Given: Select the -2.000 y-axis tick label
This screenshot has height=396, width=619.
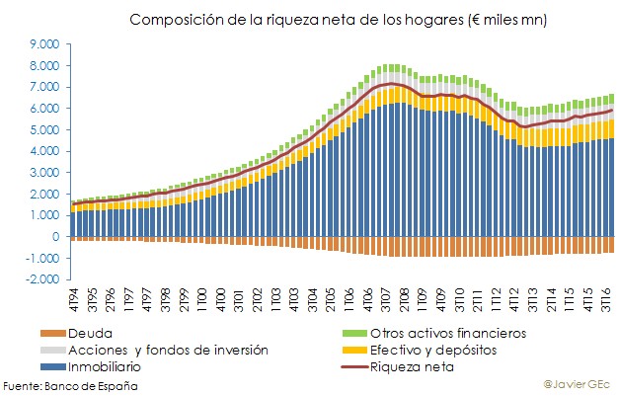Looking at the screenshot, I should click(x=43, y=280).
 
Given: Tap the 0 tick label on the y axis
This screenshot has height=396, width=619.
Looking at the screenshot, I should click(x=56, y=237).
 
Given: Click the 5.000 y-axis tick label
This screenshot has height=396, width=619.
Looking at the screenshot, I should click(x=45, y=130).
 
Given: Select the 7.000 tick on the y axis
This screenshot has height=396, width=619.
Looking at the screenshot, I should click(x=45, y=87).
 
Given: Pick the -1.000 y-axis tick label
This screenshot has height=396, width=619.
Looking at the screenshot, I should click(x=43, y=259).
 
